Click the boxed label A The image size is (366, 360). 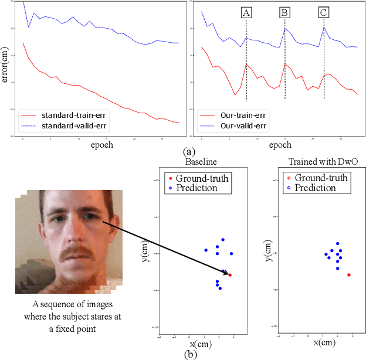(246, 12)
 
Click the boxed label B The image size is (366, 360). (285, 12)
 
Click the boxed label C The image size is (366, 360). (324, 12)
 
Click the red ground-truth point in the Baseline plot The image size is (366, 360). (230, 275)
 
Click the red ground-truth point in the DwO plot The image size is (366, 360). (349, 274)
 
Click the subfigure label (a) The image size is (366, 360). (189, 151)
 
